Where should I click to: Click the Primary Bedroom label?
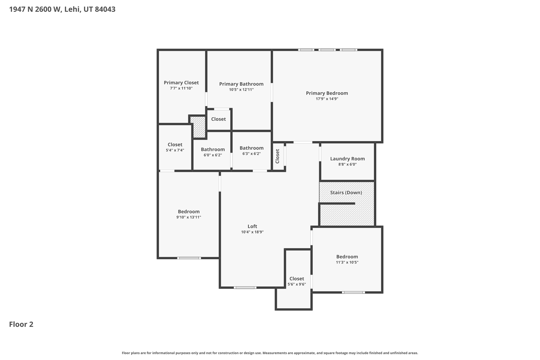point(327,93)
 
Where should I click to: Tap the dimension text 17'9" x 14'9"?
point(327,99)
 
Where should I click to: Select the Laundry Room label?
point(347,159)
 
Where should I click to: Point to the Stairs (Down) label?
point(346,193)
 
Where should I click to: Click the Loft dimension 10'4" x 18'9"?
point(252,232)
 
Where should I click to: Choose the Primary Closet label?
point(181,83)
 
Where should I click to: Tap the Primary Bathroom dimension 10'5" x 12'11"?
point(241,90)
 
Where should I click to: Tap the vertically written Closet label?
point(277,156)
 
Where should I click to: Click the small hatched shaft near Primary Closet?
point(198,127)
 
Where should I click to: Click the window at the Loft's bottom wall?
point(245,287)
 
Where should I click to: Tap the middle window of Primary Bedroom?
point(327,50)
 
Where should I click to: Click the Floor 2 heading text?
point(21,324)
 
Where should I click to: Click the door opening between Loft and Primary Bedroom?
point(303,142)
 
